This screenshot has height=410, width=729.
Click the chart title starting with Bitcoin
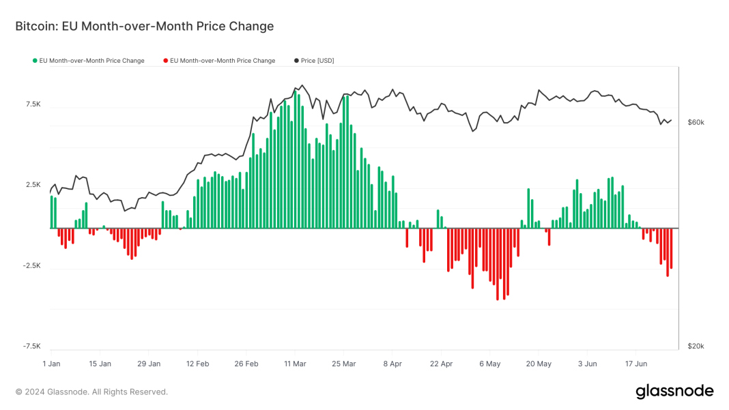(144, 27)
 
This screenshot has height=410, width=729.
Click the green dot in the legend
(35, 61)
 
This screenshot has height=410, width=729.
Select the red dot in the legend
(165, 61)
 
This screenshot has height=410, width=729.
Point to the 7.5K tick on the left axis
(33, 104)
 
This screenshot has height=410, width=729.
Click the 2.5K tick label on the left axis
(33, 185)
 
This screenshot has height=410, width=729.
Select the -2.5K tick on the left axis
(32, 265)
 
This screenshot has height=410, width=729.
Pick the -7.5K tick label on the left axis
(32, 346)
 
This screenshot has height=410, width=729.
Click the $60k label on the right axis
(696, 122)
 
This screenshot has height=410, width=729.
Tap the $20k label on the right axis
(696, 346)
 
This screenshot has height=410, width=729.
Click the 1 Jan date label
(51, 364)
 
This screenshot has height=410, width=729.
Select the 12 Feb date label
(197, 364)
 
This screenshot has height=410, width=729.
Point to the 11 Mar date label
(295, 364)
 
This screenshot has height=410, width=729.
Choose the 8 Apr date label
(394, 364)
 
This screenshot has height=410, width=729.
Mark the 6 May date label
(490, 364)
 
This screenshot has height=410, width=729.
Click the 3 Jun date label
(587, 364)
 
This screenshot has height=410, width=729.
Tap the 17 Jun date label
(636, 364)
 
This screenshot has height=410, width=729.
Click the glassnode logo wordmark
(674, 392)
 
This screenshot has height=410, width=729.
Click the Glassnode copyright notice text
(91, 392)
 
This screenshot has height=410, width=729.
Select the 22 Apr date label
(442, 364)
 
